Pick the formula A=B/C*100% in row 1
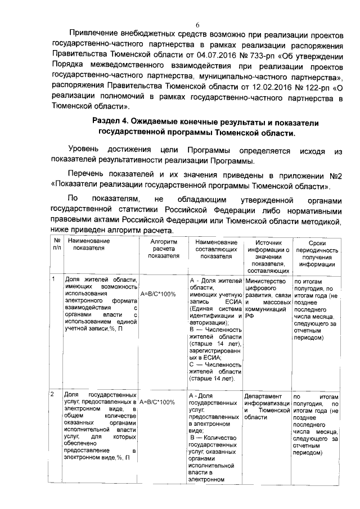pos(157,294)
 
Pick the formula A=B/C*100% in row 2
pos(157,403)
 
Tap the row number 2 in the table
pos(53,395)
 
